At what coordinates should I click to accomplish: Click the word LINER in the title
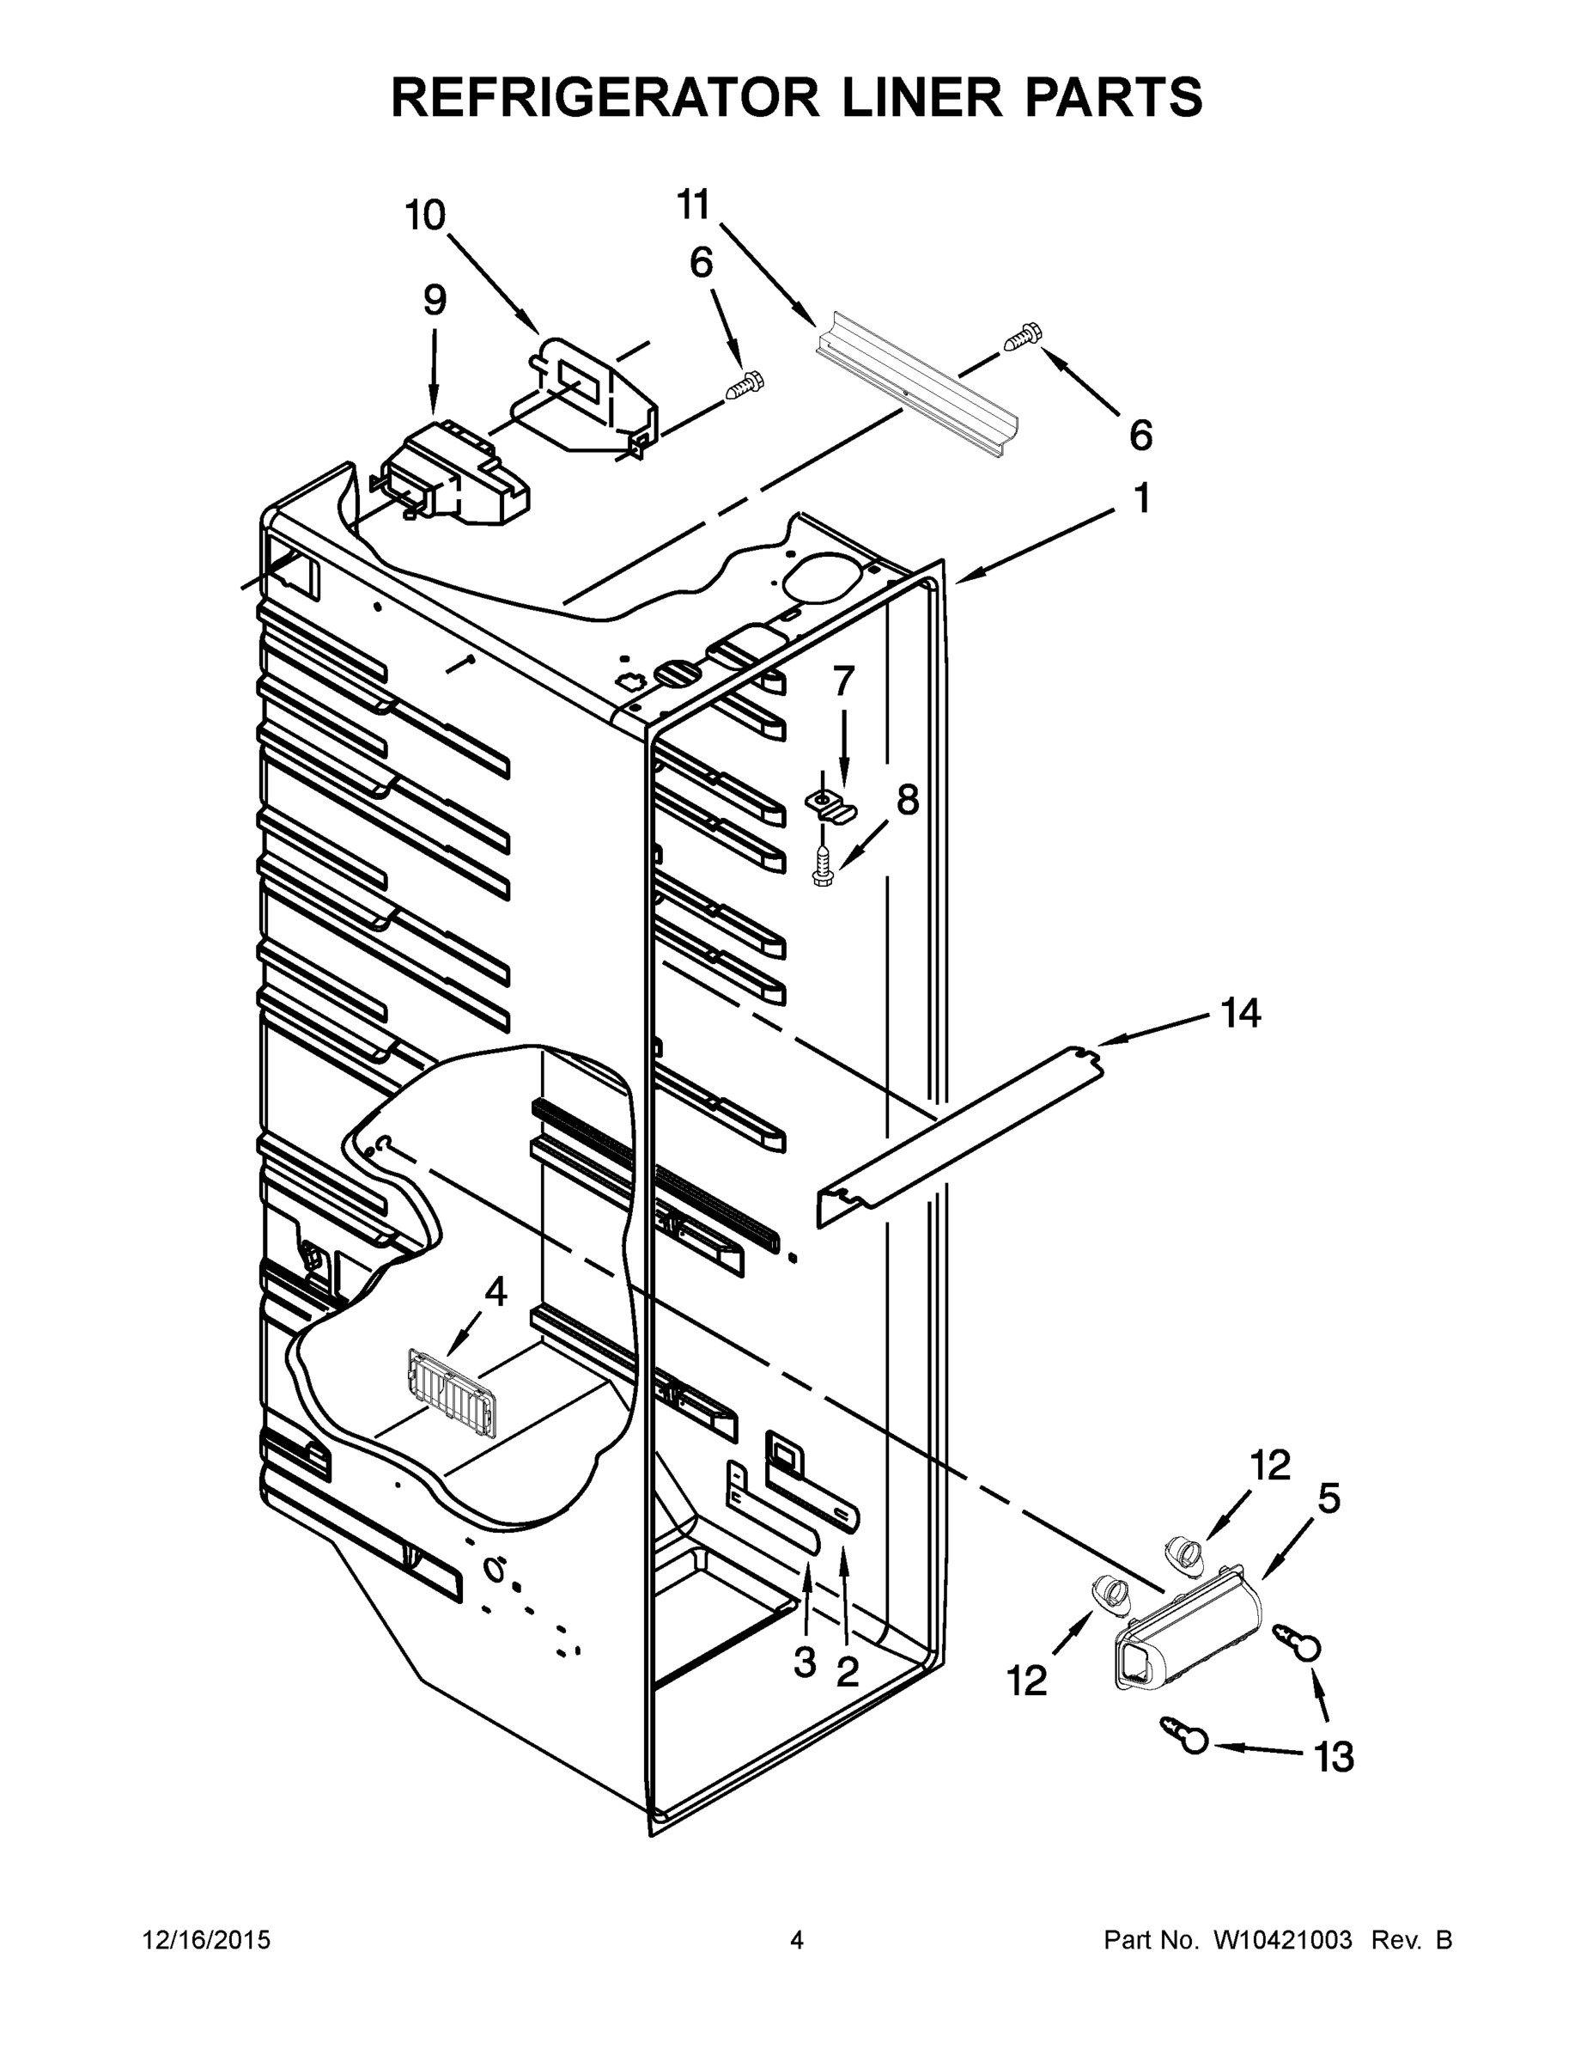coord(923,97)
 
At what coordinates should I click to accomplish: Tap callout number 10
coord(426,217)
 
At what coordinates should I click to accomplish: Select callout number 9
coord(435,300)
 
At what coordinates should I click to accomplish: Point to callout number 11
coord(694,204)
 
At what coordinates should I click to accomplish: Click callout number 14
coord(1240,1014)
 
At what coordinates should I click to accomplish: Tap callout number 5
coord(1329,1498)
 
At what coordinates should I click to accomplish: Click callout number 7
coord(842,680)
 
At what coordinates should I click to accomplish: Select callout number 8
coord(907,800)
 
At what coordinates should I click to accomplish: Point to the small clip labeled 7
coord(830,805)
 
